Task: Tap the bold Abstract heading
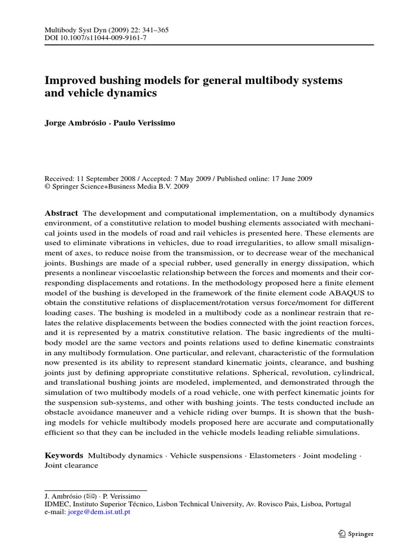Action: pyautogui.click(x=61, y=213)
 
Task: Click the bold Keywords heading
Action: pyautogui.click(x=63, y=455)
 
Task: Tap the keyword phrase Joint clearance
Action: pyautogui.click(x=71, y=465)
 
